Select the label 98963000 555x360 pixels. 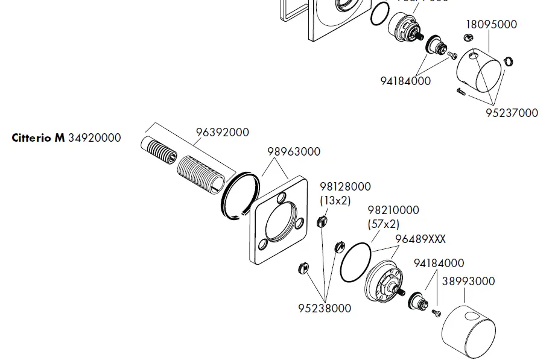[x=294, y=152]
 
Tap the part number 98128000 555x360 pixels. [x=345, y=188]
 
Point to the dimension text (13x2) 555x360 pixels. [x=335, y=200]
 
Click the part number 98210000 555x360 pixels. [x=393, y=210]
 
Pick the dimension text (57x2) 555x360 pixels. [x=384, y=224]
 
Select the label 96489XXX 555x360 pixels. [x=420, y=239]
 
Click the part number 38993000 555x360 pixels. [x=468, y=281]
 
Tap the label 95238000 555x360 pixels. [x=325, y=308]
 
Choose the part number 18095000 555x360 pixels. [x=491, y=25]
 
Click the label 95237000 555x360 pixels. [x=512, y=113]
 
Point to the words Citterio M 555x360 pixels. [x=38, y=138]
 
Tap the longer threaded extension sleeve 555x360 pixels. [x=202, y=173]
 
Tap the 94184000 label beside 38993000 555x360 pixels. [x=439, y=264]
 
